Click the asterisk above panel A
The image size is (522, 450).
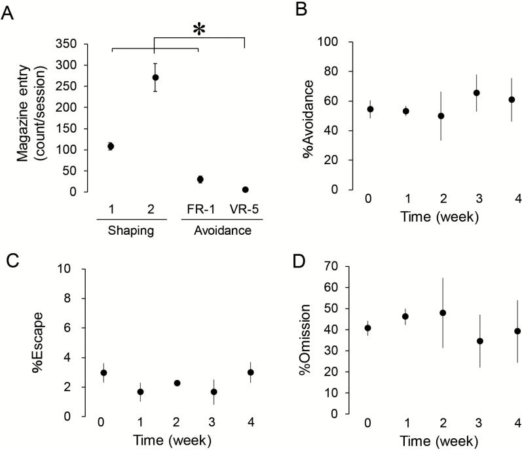(198, 31)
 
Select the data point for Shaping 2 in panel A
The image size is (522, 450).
(155, 77)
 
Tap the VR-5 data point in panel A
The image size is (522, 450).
(245, 190)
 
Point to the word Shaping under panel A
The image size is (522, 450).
(132, 231)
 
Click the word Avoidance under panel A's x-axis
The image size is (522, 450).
(222, 231)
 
